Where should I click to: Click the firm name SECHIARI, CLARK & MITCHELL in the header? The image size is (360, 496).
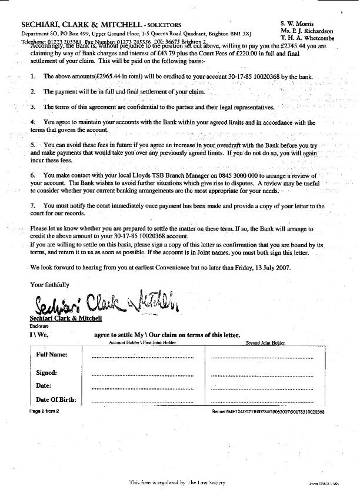tap(82, 25)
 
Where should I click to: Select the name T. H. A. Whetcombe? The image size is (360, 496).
tap(307, 38)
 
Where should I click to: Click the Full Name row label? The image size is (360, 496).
tap(52, 355)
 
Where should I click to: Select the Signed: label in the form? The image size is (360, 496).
tap(46, 372)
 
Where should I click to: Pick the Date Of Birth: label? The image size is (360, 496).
tap(56, 400)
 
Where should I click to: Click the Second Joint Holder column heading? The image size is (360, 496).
tap(265, 342)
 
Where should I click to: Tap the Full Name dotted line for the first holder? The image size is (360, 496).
tap(143, 357)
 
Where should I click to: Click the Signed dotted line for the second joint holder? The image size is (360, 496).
tap(267, 375)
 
